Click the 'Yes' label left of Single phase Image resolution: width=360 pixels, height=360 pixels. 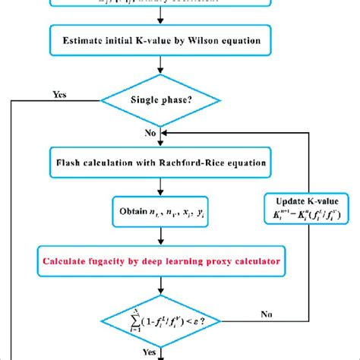click(x=59, y=96)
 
